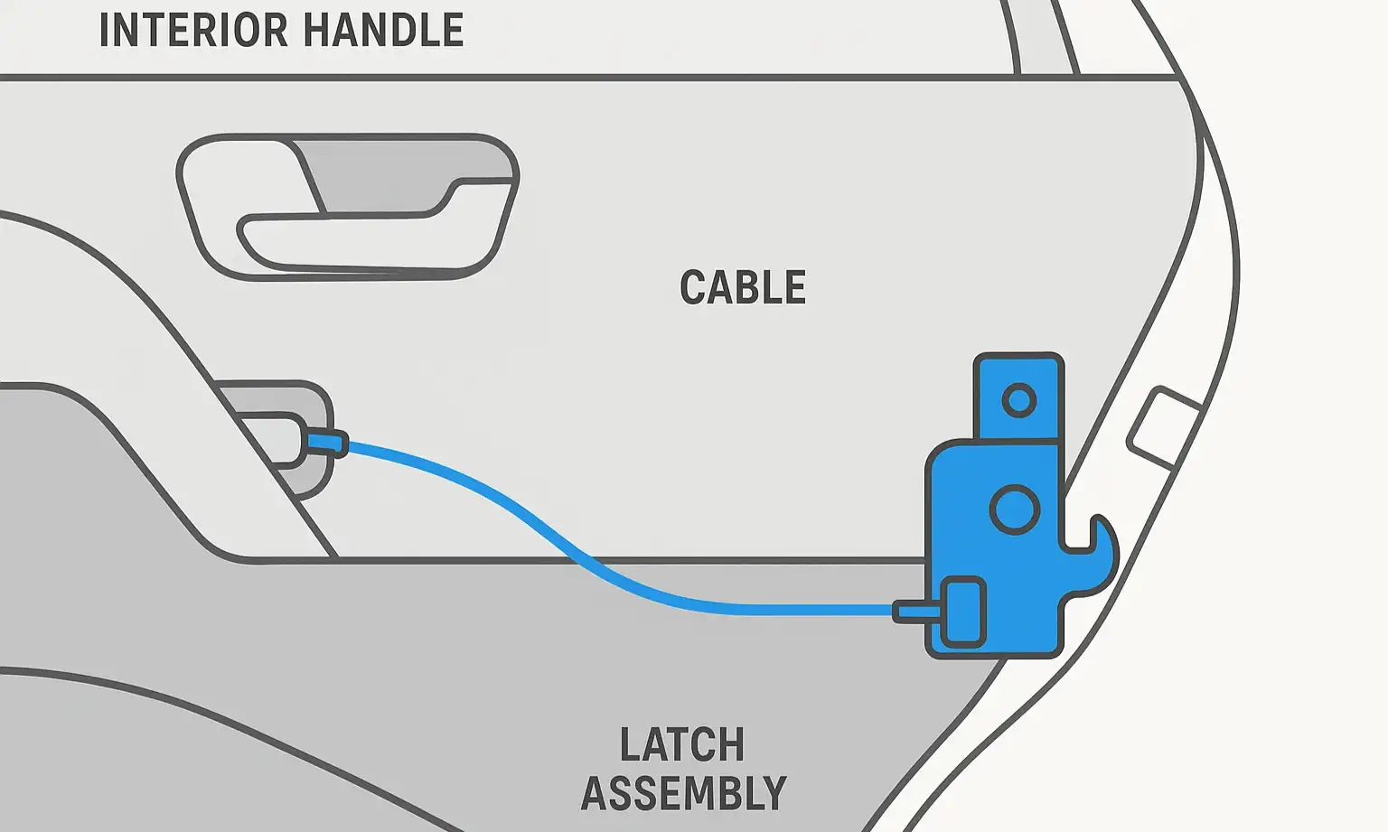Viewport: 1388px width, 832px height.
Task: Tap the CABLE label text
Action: tap(743, 288)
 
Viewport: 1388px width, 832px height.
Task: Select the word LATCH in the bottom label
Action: tap(682, 746)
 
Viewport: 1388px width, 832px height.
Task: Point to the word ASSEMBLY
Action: tap(683, 794)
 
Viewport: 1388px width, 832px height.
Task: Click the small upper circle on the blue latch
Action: tap(1019, 399)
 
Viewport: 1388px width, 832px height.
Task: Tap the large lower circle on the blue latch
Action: tap(1015, 509)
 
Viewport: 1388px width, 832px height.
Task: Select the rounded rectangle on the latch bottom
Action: tap(963, 613)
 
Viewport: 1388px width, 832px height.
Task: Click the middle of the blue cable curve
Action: tap(578, 551)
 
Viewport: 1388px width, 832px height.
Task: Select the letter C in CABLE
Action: tap(693, 288)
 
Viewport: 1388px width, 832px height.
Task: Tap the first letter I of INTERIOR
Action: tap(105, 30)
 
